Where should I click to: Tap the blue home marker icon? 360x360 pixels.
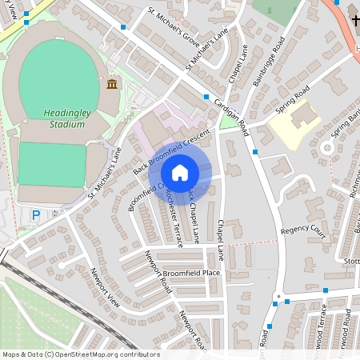[180, 173]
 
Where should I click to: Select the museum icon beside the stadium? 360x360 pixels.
[112, 84]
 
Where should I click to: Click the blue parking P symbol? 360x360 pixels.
[34, 215]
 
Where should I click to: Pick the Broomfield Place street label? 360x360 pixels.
[190, 273]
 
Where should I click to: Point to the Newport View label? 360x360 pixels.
[104, 291]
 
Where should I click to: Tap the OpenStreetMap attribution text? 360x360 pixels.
[80, 354]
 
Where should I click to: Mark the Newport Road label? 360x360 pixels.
[158, 272]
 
